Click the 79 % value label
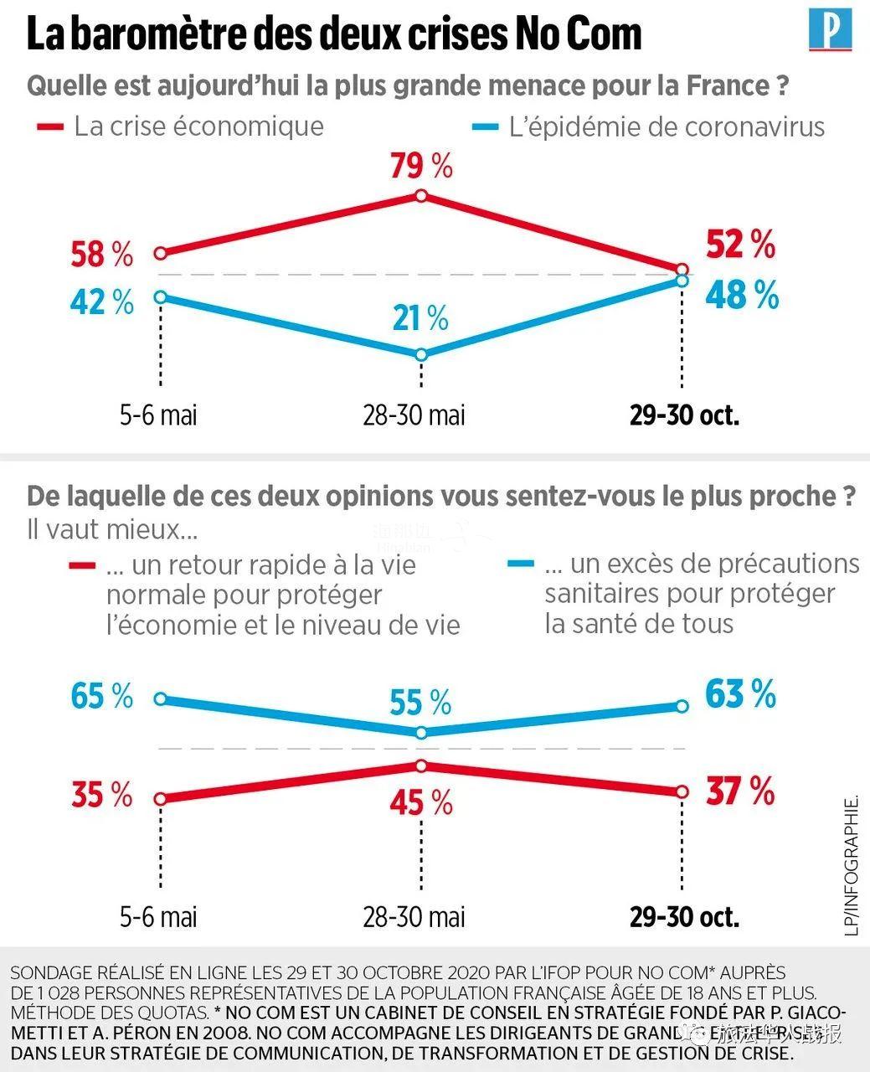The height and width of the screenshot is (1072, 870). pyautogui.click(x=421, y=166)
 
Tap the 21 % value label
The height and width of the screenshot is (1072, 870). pyautogui.click(x=420, y=318)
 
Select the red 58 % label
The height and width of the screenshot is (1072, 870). pyautogui.click(x=101, y=255)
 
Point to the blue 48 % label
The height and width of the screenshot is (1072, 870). pyautogui.click(x=742, y=296)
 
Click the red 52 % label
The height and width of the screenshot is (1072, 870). pyautogui.click(x=741, y=245)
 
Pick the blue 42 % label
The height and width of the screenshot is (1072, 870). pyautogui.click(x=101, y=302)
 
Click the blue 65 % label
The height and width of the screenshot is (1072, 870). pyautogui.click(x=101, y=696)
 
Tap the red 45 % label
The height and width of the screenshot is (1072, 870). pyautogui.click(x=420, y=803)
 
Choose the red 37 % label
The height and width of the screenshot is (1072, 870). pyautogui.click(x=740, y=791)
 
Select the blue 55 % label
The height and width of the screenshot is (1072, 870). pyautogui.click(x=420, y=703)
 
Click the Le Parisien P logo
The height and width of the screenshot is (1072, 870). pyautogui.click(x=830, y=30)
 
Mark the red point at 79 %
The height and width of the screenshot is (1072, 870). pyautogui.click(x=421, y=196)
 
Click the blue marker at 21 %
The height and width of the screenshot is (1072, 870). pyautogui.click(x=421, y=354)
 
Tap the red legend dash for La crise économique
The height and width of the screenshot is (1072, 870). pyautogui.click(x=50, y=127)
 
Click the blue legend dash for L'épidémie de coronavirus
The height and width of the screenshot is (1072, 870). pyautogui.click(x=486, y=127)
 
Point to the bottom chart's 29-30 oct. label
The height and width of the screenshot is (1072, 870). pyautogui.click(x=684, y=917)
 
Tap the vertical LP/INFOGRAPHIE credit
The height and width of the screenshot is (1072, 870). pyautogui.click(x=852, y=865)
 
